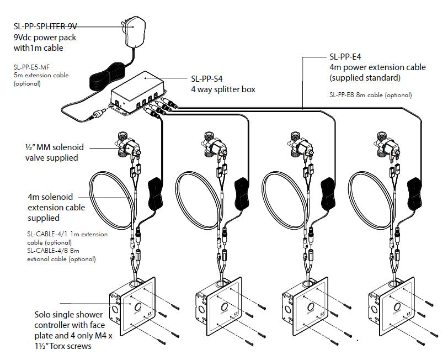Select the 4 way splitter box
pos(138,91)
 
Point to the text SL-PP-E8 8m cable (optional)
pos(370,94)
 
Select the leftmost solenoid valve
pos(129,146)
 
